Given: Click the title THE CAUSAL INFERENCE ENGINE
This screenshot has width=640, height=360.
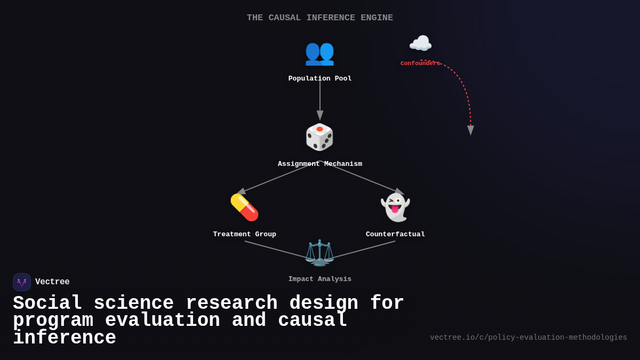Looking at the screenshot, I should coord(319,18).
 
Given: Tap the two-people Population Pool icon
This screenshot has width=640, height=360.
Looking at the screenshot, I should coord(319,52).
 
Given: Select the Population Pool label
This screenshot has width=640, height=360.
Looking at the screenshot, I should coord(319,78).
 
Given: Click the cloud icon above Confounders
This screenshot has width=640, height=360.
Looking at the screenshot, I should coord(420,44).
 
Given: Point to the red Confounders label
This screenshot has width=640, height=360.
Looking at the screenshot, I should coord(420,63).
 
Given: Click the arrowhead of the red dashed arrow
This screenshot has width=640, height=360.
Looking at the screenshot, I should coord(470,131).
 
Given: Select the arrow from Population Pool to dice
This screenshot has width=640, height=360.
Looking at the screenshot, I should coord(320,99).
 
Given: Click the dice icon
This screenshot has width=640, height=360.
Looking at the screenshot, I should coord(319,137).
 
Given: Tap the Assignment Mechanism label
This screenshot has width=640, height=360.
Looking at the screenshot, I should coord(319,164).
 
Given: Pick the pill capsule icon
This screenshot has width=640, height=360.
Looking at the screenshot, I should coord(244,207).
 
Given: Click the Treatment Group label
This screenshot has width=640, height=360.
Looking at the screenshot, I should coord(244,234).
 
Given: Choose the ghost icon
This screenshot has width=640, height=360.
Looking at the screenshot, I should coord(395,207).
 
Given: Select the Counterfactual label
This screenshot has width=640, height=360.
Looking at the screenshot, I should coord(395,234).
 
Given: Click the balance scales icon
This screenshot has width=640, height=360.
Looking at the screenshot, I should coord(319,252).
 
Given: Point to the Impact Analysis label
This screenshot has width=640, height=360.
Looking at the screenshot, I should coord(319,279).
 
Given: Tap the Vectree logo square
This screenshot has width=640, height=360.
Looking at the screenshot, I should coord(22,282).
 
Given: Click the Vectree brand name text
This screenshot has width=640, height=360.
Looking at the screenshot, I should coord(52,282).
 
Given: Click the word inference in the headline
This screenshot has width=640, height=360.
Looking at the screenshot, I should coord(64,338).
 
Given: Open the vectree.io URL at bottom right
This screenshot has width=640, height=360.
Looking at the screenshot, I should coord(528,338).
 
